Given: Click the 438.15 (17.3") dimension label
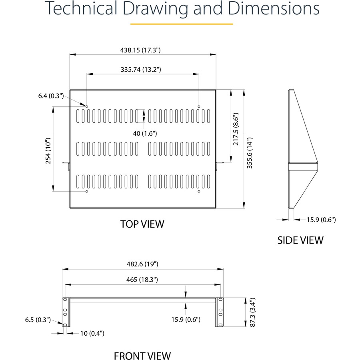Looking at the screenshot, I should tap(140, 50).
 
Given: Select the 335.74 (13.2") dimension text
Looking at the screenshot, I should tap(141, 69).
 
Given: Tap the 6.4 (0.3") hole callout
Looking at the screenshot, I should tap(51, 96).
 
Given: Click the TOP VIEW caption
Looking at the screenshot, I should tap(142, 224).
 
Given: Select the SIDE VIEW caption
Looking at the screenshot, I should tap(300, 240).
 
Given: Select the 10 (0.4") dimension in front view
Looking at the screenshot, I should tap(86, 333).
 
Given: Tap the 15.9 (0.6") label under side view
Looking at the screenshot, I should tap(321, 219).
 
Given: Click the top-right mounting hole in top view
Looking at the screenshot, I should tap(199, 106).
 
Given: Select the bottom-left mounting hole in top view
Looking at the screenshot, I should tap(87, 192).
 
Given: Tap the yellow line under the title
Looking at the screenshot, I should tap(182, 24).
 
